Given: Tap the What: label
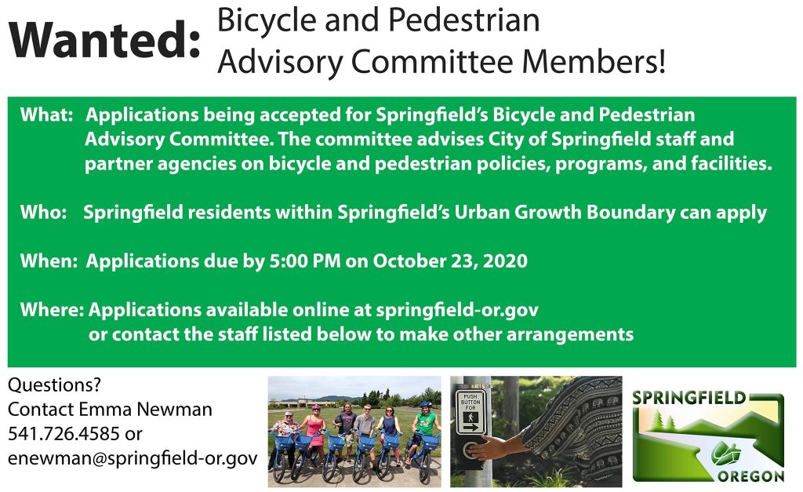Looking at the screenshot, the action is pos(46,115).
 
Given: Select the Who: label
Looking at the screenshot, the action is pos(44,212).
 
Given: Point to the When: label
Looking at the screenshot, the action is pos(49,261).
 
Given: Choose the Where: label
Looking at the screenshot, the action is pos(53,309).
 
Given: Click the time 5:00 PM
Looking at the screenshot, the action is pos(305,261).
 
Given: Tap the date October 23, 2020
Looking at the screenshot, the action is pos(450,261).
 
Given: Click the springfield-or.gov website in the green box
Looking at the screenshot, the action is pos(457,311).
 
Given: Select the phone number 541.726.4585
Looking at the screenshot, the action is pos(64,434).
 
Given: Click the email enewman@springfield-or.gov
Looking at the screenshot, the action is pos(133,458).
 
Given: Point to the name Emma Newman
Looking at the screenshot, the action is pos(145,409).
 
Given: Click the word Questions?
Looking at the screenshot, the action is pos(54,384).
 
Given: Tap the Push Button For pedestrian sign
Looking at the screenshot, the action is pos(471,413).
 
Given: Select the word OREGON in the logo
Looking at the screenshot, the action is pos(750,476).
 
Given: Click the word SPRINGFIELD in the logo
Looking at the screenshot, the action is pos(689,398).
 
